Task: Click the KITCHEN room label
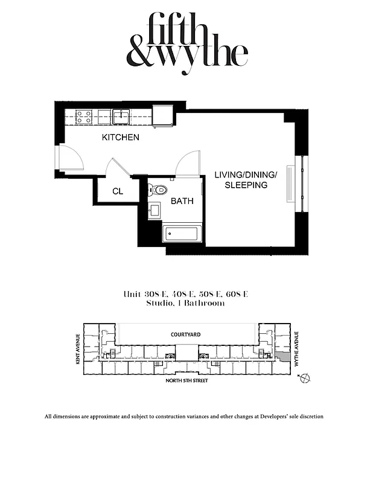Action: [x=120, y=138]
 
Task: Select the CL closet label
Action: [x=118, y=191]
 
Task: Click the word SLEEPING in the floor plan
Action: [x=246, y=185]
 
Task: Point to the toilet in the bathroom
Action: [x=158, y=190]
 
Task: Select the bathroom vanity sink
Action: [x=154, y=211]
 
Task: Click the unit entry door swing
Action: [x=69, y=159]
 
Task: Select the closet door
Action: [x=115, y=168]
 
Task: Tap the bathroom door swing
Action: [x=187, y=162]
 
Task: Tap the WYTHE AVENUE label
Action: [x=298, y=344]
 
